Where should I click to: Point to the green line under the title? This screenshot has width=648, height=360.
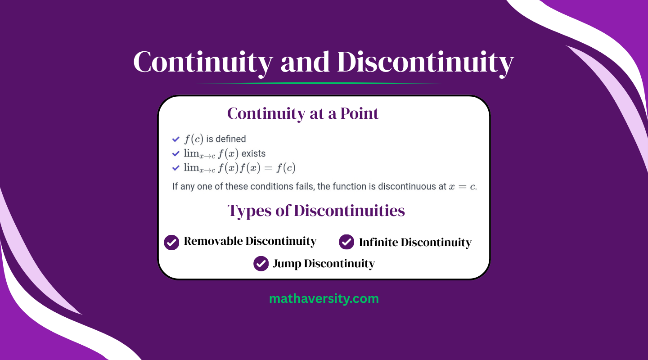[319, 83]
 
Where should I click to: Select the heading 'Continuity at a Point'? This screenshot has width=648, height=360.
[303, 113]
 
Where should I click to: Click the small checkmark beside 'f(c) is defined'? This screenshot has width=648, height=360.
[176, 139]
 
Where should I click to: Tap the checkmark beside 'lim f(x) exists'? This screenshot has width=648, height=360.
[176, 153]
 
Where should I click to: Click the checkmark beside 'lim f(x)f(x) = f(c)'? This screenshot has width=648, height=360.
[176, 168]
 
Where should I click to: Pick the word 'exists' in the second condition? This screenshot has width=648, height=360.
[253, 153]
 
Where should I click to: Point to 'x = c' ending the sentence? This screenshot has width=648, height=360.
[462, 186]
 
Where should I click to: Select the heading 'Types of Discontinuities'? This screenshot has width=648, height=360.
[316, 211]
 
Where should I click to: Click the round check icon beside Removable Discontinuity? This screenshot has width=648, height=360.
[171, 242]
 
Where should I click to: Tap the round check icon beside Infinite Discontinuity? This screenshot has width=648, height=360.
[346, 242]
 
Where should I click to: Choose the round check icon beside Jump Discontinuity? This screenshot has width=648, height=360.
[261, 263]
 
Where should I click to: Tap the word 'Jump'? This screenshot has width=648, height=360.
[287, 264]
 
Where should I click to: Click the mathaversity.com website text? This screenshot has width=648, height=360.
[324, 298]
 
